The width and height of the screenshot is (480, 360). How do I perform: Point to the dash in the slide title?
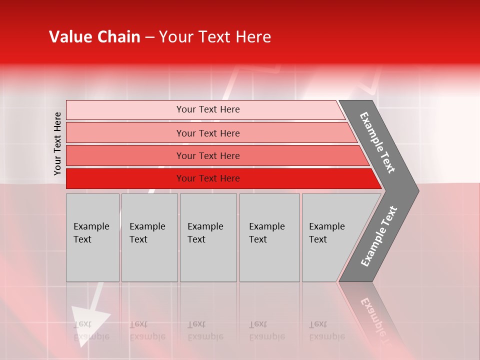149,37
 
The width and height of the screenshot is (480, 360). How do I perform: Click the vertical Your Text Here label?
57,143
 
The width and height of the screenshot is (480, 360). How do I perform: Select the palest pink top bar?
207,109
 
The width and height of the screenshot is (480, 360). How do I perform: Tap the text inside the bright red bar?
208,178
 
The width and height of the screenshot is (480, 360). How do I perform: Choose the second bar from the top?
207,133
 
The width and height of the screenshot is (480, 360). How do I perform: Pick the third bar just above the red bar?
207,156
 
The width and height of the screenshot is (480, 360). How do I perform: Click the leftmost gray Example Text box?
92,237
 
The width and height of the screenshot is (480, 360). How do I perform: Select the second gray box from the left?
149,237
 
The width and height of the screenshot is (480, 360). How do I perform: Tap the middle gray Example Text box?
208,237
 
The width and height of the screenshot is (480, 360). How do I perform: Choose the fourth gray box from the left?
269,237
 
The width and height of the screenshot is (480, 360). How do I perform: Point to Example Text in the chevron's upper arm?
377,142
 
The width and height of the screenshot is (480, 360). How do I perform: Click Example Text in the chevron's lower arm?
379,236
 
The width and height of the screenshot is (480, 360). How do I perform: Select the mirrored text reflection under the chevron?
372,315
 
